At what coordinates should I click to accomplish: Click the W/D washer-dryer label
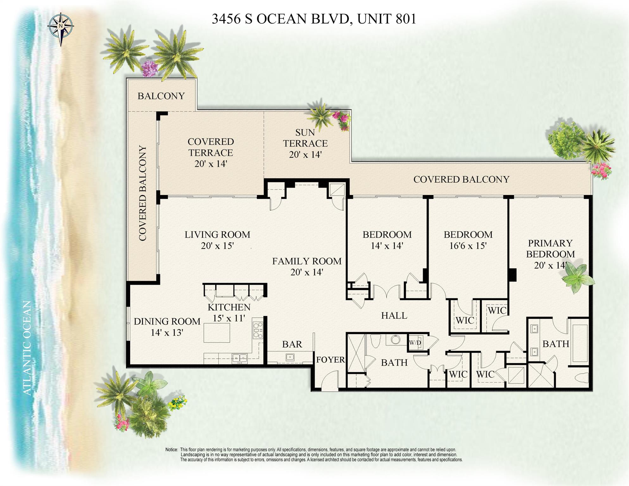point(415,343)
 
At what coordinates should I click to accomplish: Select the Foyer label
point(330,360)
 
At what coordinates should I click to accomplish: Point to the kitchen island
point(217,332)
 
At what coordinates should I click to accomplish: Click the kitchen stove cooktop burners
point(258,330)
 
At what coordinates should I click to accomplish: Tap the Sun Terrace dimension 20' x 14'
point(305,155)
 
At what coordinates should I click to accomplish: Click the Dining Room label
point(167,321)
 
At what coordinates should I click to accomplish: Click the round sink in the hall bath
point(395,340)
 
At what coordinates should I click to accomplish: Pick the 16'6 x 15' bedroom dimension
point(468,246)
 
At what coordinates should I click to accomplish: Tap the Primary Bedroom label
point(550,249)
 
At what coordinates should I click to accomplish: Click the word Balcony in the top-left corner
point(161,96)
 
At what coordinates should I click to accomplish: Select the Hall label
point(394,315)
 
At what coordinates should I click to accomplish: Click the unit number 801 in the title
point(406,19)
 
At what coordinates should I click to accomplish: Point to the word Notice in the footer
point(171,450)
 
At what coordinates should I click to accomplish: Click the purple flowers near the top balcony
point(149,68)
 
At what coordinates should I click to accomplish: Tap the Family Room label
point(307,261)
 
